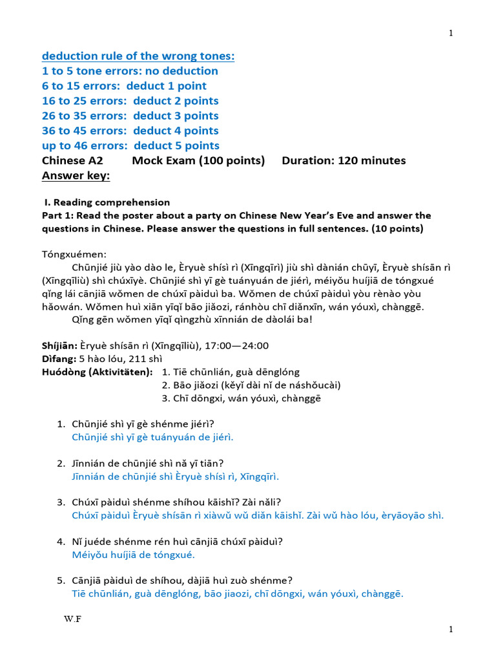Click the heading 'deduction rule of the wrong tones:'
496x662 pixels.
[138, 56]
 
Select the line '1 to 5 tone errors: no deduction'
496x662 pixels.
[130, 71]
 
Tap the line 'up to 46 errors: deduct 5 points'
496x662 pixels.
[130, 145]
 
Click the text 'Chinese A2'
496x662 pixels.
[72, 161]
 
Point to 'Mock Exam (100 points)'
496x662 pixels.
[198, 161]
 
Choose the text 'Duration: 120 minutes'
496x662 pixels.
[344, 161]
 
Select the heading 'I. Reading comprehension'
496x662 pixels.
[107, 202]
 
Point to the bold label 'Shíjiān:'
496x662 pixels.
[59, 346]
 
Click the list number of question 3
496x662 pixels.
[61, 502]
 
